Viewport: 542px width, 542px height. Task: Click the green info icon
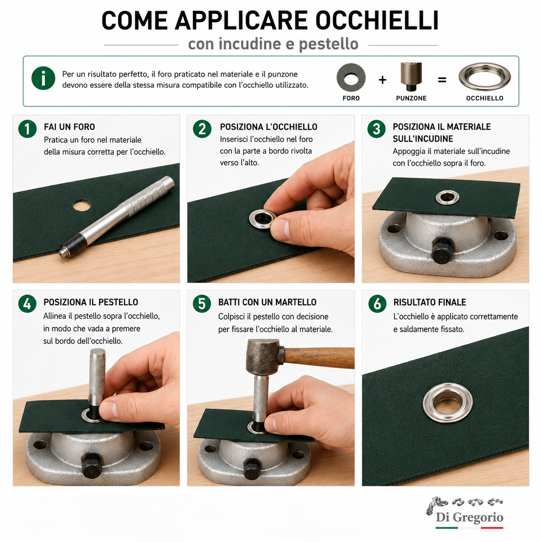pos(43,78)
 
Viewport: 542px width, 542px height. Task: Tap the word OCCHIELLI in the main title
pos(377,21)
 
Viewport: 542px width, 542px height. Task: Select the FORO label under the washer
pos(351,98)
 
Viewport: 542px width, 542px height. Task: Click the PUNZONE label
pos(411,98)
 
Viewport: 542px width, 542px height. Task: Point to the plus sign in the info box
pos(382,80)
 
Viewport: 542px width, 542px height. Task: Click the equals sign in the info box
pos(442,80)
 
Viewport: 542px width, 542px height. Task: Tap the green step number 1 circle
pos(27,129)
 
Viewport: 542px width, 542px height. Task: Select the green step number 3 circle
pos(376,129)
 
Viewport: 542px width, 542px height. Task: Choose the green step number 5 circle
pos(202,304)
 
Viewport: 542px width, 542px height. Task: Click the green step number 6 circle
pos(377,304)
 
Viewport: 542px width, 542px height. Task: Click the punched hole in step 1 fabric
pos(82,205)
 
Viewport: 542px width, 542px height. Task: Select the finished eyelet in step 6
pos(448,402)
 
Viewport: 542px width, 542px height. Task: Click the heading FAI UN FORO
pos(70,127)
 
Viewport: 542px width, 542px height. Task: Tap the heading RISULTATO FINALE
pos(430,303)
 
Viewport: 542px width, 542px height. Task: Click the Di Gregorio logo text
pos(469,517)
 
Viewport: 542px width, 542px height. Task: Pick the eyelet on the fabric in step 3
pos(447,197)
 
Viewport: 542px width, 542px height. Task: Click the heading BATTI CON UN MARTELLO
pos(267,303)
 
